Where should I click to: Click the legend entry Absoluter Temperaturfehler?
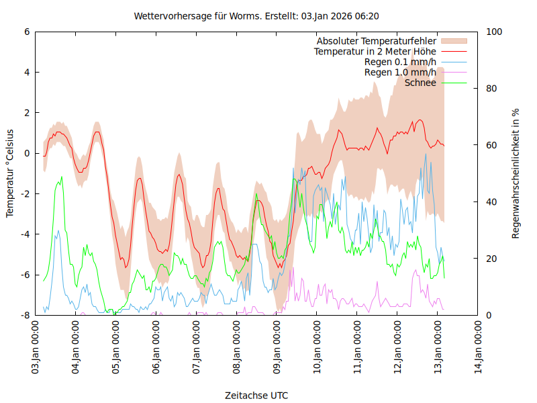pos(377,42)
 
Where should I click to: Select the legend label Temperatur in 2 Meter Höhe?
pos(375,52)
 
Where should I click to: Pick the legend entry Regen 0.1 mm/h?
pos(400,62)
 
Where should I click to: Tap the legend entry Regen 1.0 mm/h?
pos(400,72)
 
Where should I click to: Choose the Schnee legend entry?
pos(421,83)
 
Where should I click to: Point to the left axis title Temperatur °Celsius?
pos(10,173)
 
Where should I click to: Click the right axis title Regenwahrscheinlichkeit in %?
pos(516,173)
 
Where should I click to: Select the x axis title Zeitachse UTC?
pos(256,396)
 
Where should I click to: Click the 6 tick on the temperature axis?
pos(27,32)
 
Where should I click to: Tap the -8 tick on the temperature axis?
pos(25,315)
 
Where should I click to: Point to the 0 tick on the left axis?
pos(27,153)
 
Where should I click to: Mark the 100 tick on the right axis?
pos(493,32)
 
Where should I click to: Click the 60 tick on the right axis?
pos(491,145)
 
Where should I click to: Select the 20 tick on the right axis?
pos(491,259)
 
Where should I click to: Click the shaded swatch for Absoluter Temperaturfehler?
pos(453,42)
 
